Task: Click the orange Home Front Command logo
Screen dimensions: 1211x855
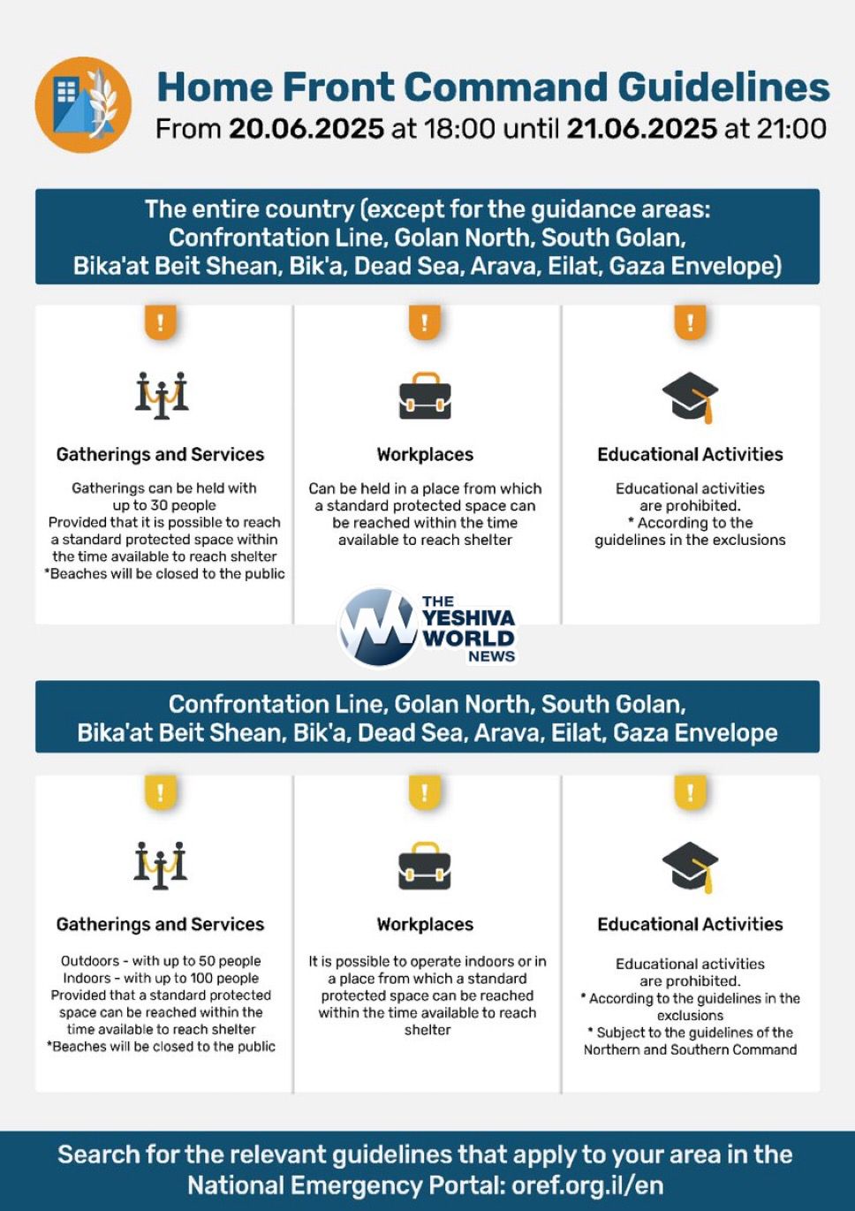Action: (83, 104)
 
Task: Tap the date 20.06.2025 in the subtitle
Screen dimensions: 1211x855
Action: (306, 129)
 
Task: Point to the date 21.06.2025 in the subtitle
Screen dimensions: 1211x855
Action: (641, 129)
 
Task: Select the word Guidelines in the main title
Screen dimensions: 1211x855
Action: (723, 87)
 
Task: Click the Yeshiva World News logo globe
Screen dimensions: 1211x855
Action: (378, 627)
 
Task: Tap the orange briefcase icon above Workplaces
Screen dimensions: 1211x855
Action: (425, 396)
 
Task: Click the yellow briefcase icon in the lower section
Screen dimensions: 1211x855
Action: (425, 866)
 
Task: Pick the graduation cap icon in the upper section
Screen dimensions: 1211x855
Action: (690, 397)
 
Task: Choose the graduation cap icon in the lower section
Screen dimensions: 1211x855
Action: (690, 867)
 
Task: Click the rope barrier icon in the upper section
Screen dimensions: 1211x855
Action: (162, 395)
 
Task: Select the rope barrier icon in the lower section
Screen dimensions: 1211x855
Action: (161, 865)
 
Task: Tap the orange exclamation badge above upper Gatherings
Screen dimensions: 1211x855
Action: (161, 322)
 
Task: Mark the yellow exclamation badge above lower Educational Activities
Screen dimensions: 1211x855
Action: (690, 792)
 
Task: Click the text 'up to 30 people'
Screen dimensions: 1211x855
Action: (164, 505)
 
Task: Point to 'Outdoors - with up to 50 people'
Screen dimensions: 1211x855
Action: (161, 961)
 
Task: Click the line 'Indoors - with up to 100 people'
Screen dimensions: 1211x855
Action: (161, 978)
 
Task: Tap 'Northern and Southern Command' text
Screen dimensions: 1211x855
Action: (690, 1049)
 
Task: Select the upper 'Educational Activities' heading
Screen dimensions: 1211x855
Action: (690, 455)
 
